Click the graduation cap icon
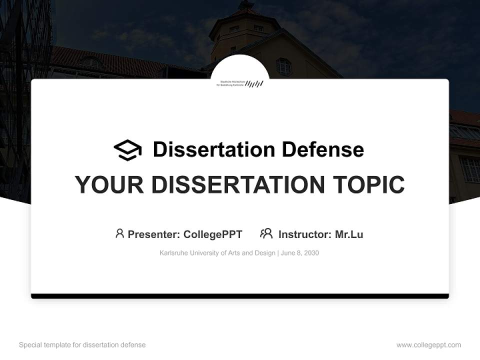pos(127,150)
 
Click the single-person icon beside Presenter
pos(119,233)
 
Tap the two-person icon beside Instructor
pos(266,233)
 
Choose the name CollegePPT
pos(213,234)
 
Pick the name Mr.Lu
pos(349,234)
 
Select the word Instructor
pos(304,234)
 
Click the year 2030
pos(310,253)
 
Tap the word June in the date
pos(288,253)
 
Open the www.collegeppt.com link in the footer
pos(428,345)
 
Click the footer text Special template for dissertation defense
pos(82,345)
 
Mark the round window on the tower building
pos(283,66)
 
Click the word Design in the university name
pos(264,253)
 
